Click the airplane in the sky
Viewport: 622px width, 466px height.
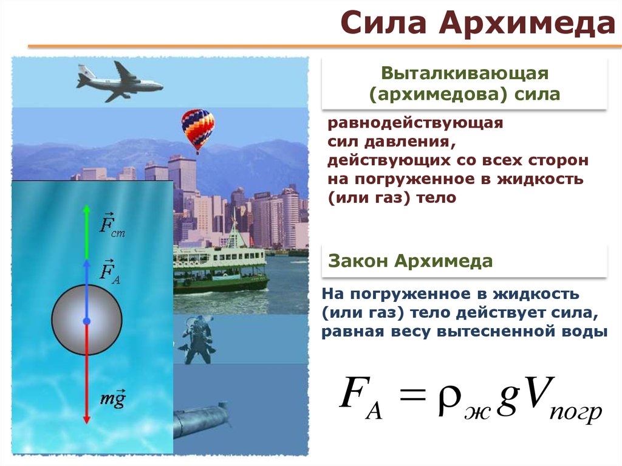[x=119, y=82]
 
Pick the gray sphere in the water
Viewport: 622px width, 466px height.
[x=87, y=320]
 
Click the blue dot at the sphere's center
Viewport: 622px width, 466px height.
[x=87, y=321]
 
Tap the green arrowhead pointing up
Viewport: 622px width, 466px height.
[x=87, y=210]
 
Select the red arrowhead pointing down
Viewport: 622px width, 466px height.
[x=87, y=419]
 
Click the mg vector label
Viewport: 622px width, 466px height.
[x=112, y=398]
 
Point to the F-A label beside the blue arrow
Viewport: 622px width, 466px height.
[x=109, y=272]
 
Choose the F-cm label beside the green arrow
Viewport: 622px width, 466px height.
[x=112, y=225]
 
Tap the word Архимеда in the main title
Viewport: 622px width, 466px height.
[x=527, y=24]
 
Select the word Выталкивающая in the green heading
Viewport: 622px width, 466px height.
[x=465, y=74]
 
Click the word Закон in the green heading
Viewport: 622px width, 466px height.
[x=358, y=261]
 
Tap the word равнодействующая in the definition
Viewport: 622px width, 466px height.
[x=415, y=123]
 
